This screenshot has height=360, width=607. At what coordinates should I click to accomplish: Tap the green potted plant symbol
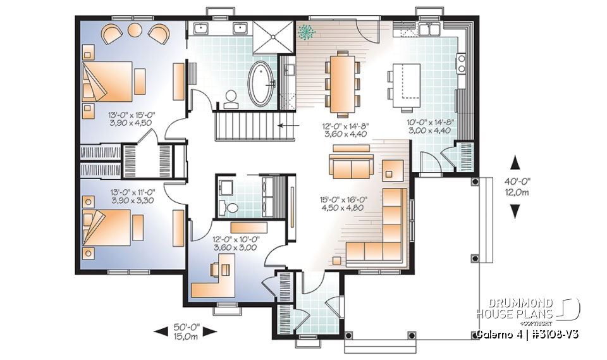click(x=308, y=32)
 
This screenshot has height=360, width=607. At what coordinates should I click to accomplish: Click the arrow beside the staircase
click(x=291, y=125)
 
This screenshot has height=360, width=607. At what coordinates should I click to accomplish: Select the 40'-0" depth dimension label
click(x=517, y=187)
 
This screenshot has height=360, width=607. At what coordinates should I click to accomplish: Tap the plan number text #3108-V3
click(x=555, y=333)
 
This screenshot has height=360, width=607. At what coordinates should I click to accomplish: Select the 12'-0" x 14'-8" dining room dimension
click(x=346, y=130)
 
